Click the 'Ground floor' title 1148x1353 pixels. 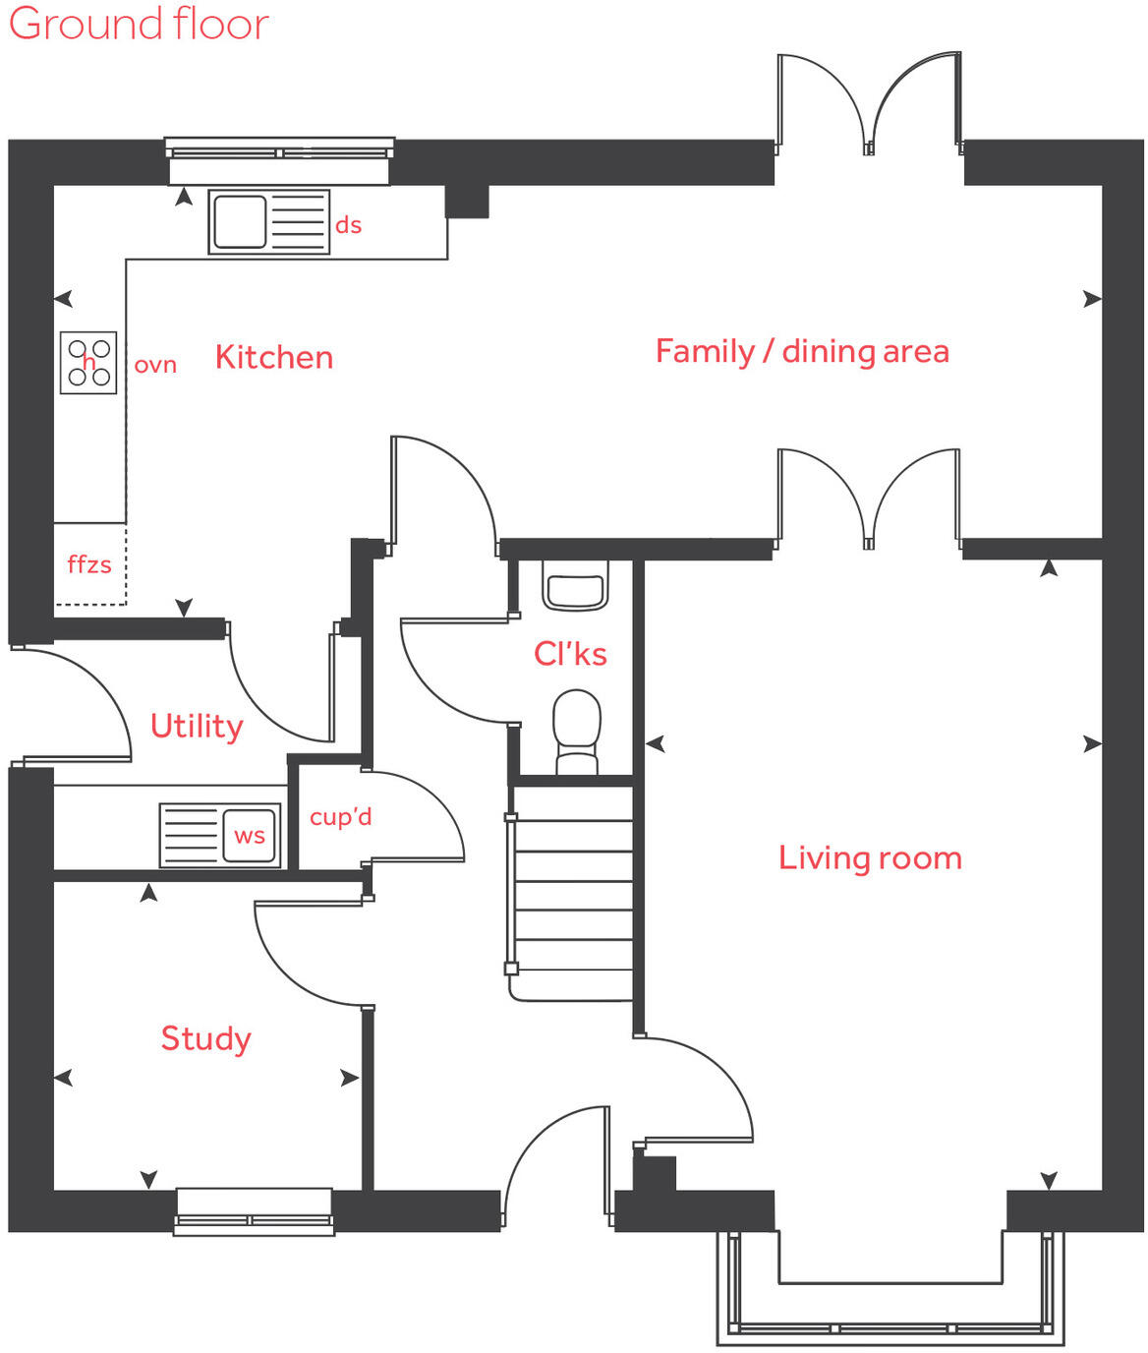(138, 24)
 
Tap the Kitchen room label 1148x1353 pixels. (274, 357)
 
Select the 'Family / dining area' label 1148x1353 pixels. (802, 351)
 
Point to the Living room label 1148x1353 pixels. (870, 857)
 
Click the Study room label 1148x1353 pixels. (205, 1038)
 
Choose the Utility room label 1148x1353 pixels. (197, 726)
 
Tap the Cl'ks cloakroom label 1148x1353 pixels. (570, 654)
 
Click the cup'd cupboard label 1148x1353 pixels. (340, 817)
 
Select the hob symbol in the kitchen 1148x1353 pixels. (88, 363)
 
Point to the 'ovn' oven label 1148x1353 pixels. (155, 365)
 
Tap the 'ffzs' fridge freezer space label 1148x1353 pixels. (89, 564)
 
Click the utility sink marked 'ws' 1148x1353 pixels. (220, 836)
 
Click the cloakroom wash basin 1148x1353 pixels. (575, 588)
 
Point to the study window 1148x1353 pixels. (254, 1211)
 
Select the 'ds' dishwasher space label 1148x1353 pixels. (349, 225)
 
